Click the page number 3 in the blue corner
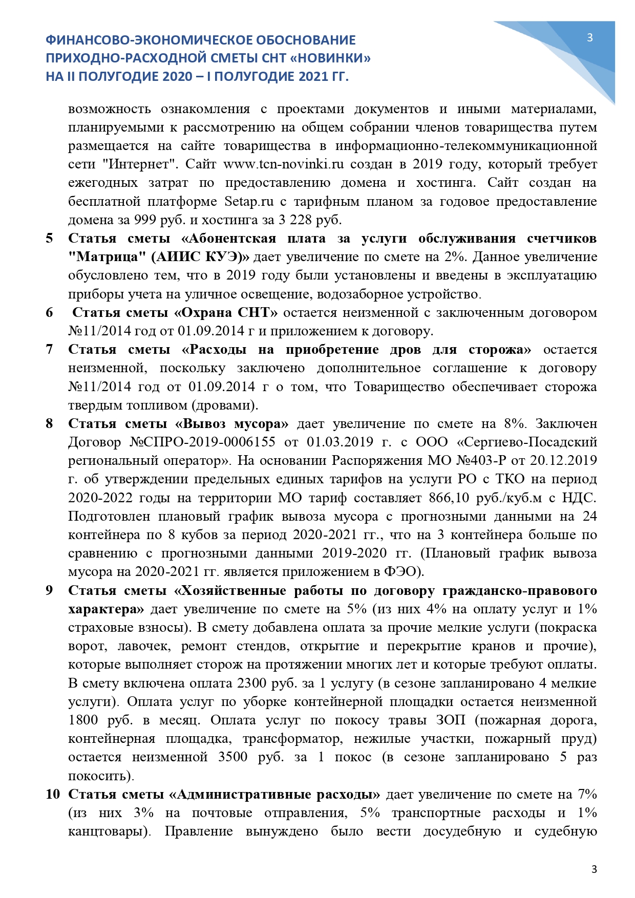[x=590, y=37]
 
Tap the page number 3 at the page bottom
[x=594, y=869]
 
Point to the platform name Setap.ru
[x=249, y=201]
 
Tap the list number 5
[x=49, y=239]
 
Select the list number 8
[x=49, y=424]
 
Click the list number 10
[x=53, y=795]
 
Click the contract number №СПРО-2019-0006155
[x=202, y=442]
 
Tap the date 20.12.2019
[x=563, y=461]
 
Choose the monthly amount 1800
[x=83, y=720]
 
